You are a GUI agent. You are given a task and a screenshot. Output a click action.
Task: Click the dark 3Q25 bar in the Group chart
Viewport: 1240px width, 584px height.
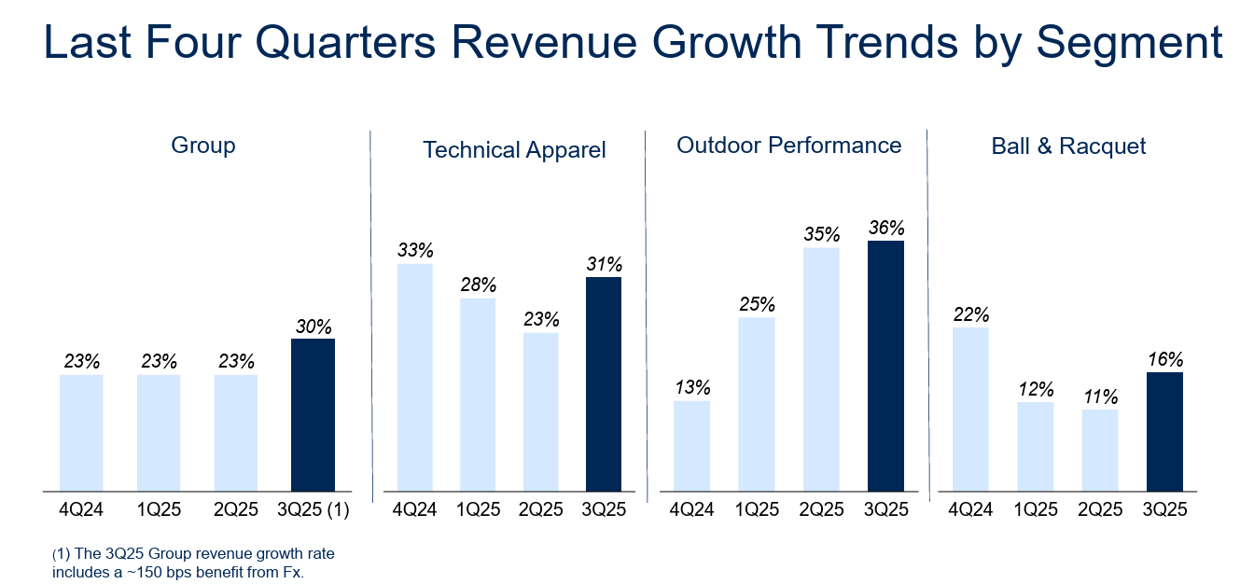313,415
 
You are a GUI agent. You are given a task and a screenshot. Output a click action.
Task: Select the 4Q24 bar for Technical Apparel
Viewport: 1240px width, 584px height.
415,378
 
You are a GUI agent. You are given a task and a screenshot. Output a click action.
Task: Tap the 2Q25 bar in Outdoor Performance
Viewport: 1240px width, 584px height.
821,369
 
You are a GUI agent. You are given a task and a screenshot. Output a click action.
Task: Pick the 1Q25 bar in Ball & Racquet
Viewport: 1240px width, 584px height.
1036,447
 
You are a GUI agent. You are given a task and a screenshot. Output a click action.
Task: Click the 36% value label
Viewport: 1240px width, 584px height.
885,228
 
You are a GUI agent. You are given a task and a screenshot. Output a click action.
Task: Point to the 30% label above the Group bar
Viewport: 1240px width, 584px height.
313,327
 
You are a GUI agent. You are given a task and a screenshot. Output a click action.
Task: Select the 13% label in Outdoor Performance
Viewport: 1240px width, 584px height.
691,387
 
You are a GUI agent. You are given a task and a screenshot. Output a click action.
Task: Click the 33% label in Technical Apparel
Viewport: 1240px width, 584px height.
415,250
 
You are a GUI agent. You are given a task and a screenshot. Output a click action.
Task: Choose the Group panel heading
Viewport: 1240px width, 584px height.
203,146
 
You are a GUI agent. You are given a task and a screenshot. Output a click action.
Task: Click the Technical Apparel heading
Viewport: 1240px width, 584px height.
514,149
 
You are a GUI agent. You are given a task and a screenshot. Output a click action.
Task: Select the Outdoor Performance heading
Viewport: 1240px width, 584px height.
789,146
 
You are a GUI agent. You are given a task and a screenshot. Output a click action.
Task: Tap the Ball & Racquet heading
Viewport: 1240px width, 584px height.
1069,146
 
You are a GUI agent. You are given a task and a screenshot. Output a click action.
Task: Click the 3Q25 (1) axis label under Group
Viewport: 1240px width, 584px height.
314,509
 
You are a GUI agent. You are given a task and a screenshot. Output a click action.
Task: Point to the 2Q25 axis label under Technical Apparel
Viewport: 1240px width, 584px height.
541,509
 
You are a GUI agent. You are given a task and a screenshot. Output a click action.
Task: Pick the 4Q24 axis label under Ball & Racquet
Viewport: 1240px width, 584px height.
971,509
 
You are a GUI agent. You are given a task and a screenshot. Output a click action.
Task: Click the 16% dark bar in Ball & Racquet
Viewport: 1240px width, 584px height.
1164,432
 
